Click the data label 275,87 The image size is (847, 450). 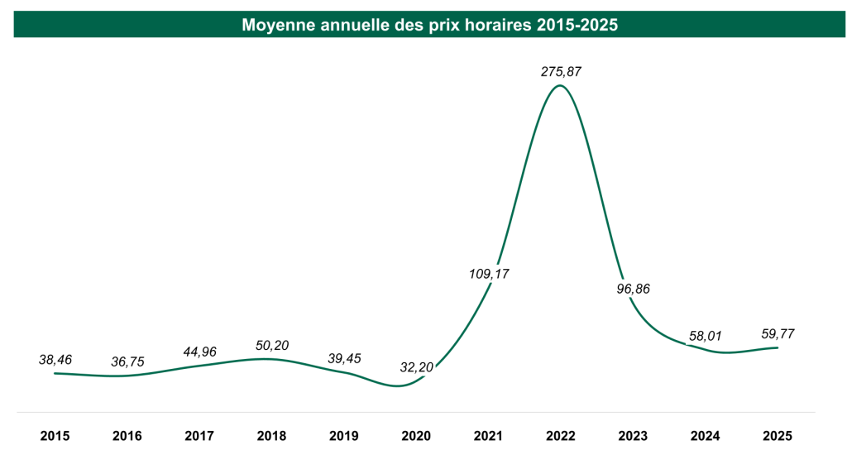coord(561,72)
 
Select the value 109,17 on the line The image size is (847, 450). coord(490,273)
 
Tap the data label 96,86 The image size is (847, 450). coord(634,289)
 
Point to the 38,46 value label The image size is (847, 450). coord(55,360)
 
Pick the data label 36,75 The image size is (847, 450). coord(127,361)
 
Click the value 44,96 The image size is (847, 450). coord(199,352)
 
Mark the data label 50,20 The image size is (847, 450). coord(272,345)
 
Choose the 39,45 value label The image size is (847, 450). coord(344,358)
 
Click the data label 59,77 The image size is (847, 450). coord(778,333)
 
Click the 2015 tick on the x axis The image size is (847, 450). coord(55,435)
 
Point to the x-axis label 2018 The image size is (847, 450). coord(272,435)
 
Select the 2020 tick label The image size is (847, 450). coord(417,435)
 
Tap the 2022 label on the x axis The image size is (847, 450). coord(561,435)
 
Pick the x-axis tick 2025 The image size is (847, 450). coord(778,435)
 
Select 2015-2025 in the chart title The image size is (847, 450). coord(577,26)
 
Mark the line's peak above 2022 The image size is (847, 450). coord(561,85)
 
